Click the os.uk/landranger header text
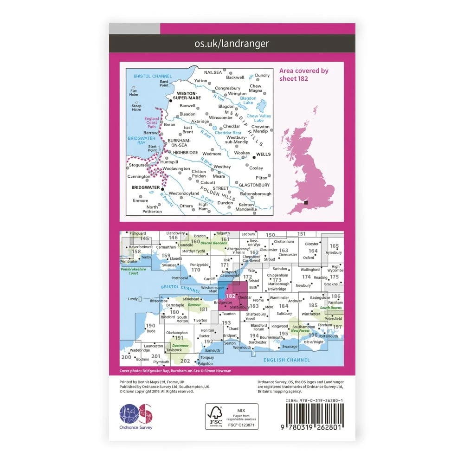pos(232,44)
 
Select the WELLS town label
pos(263,155)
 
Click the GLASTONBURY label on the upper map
pos(254,185)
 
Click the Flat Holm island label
pos(135,93)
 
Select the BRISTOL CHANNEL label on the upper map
pos(153,76)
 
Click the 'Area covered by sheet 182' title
pos(303,74)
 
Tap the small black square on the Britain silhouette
pos(305,203)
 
